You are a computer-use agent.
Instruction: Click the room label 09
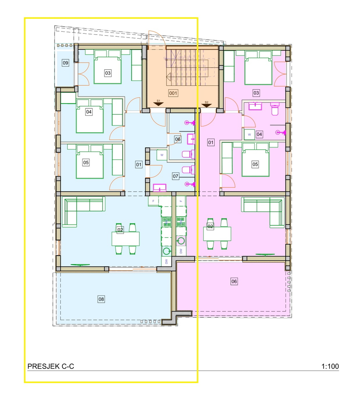pyautogui.click(x=66, y=63)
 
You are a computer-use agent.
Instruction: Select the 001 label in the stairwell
pyautogui.click(x=173, y=93)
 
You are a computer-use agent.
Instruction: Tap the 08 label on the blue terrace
pyautogui.click(x=101, y=299)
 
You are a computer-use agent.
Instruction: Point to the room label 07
pyautogui.click(x=175, y=176)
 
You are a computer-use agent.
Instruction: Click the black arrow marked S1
pyautogui.click(x=158, y=104)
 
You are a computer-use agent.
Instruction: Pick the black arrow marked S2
pyautogui.click(x=206, y=105)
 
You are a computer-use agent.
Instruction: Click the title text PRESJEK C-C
pyautogui.click(x=51, y=366)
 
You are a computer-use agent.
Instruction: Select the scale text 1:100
pyautogui.click(x=330, y=366)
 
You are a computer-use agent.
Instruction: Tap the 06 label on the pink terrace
pyautogui.click(x=234, y=281)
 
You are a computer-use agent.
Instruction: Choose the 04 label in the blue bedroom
pyautogui.click(x=89, y=112)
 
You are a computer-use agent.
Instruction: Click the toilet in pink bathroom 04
pyautogui.click(x=275, y=109)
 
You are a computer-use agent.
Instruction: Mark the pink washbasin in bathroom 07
pyautogui.click(x=160, y=187)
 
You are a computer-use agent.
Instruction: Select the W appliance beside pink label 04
pyautogui.click(x=249, y=135)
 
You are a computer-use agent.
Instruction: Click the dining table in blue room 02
pyautogui.click(x=125, y=239)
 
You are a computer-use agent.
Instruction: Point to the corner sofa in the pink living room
pyautogui.click(x=263, y=212)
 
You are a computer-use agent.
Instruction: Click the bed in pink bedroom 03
pyautogui.click(x=258, y=68)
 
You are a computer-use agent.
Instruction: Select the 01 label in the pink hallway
pyautogui.click(x=211, y=142)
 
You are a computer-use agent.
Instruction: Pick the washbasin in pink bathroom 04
pyautogui.click(x=255, y=106)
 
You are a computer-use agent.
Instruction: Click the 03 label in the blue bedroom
pyautogui.click(x=108, y=73)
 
